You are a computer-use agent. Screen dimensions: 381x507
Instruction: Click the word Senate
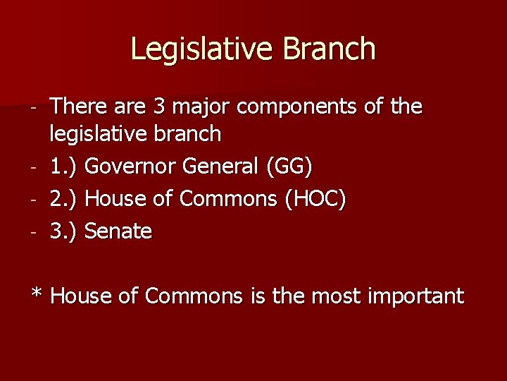[118, 231]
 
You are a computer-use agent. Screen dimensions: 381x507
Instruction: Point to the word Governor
[132, 167]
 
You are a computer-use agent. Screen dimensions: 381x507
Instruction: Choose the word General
[220, 167]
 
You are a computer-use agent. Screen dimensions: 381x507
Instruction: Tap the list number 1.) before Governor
[65, 167]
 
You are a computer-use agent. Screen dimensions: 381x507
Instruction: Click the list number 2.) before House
[65, 200]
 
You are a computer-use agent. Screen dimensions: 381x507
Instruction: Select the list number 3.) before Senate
[65, 231]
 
